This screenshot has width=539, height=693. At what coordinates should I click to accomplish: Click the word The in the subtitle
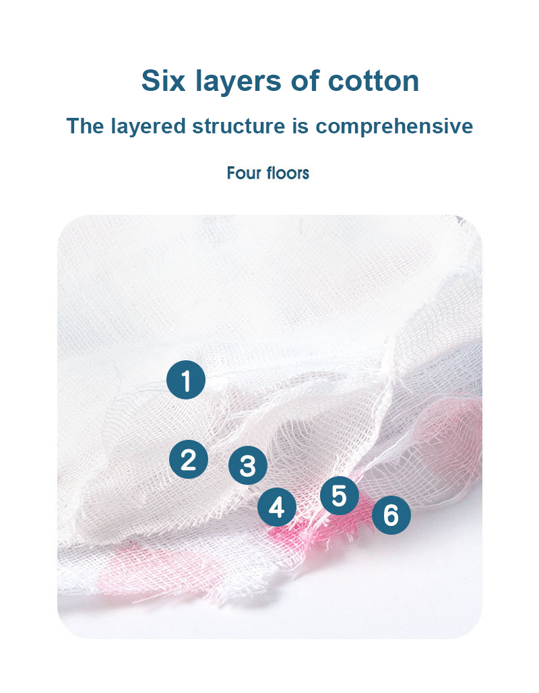click(x=84, y=126)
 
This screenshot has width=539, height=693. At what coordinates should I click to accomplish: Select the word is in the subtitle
click(x=300, y=126)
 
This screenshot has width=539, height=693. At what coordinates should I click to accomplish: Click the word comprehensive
click(x=394, y=126)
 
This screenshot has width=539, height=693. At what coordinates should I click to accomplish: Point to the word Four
click(x=243, y=173)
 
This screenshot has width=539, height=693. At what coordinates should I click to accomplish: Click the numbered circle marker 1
click(x=186, y=380)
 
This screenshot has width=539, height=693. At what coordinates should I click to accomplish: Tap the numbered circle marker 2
click(x=188, y=459)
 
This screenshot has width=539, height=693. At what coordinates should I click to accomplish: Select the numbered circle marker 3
click(x=247, y=465)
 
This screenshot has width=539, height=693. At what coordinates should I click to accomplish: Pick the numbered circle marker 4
click(x=277, y=508)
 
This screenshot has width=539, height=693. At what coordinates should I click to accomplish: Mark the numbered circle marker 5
click(x=339, y=496)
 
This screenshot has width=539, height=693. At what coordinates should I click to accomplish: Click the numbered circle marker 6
click(x=391, y=515)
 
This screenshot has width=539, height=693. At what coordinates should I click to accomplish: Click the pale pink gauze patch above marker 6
click(x=445, y=431)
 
